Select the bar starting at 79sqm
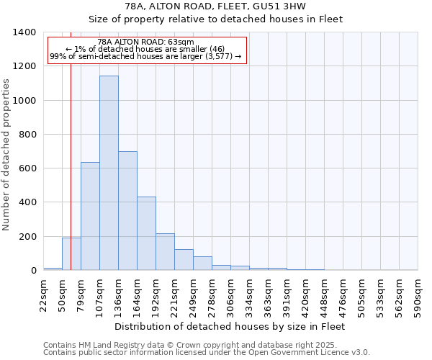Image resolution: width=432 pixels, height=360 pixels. [90, 216]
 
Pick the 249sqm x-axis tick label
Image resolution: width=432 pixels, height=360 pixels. [194, 295]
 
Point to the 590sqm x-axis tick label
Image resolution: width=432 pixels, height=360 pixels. [418, 295]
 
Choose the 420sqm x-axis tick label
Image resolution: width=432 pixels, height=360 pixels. [306, 295]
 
